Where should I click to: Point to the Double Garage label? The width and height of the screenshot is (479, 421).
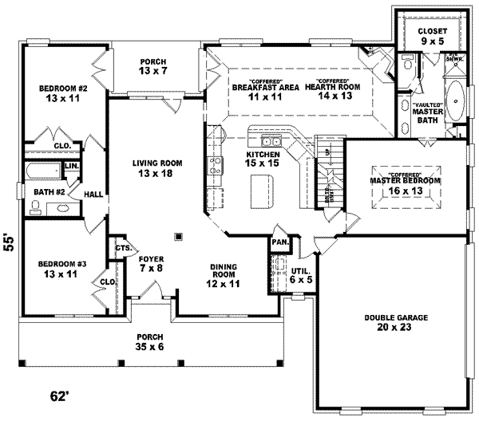pyautogui.click(x=396, y=323)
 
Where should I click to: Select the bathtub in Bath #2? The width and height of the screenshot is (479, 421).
pyautogui.click(x=42, y=171)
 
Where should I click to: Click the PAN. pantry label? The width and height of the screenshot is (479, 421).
pyautogui.click(x=279, y=242)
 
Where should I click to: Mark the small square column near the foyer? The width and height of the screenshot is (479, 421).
pyautogui.click(x=178, y=236)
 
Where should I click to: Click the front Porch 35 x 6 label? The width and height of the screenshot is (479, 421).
pyautogui.click(x=149, y=342)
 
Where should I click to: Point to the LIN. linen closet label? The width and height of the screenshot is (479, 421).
pyautogui.click(x=71, y=166)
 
